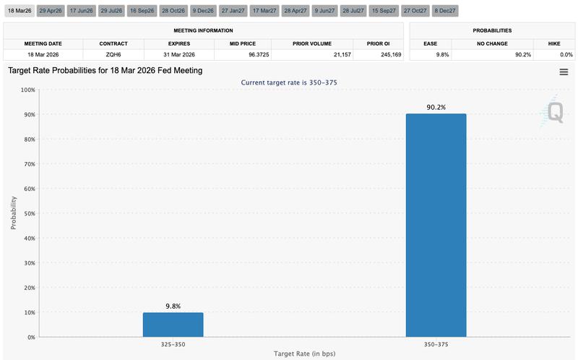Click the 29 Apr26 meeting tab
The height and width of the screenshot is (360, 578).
[51, 12]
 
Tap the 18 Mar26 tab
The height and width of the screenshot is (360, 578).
[19, 12]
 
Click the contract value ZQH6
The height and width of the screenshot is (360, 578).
[112, 54]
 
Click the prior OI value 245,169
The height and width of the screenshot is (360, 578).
[379, 54]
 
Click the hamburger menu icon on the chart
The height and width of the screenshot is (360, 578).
[564, 72]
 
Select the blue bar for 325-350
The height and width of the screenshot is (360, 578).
[173, 325]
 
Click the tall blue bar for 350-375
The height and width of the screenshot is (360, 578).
[436, 225]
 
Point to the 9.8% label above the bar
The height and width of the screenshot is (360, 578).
[173, 306]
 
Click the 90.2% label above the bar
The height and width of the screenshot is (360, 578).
[436, 107]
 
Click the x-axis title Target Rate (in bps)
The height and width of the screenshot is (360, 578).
[304, 353]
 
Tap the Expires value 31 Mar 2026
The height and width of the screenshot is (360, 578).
[178, 54]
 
